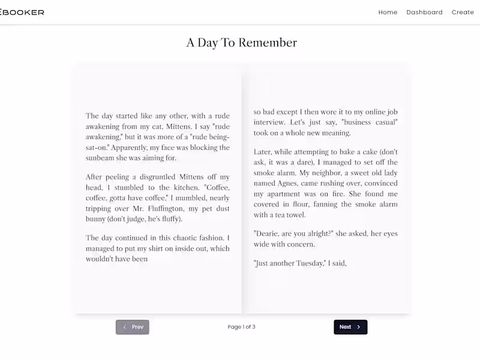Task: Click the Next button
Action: pos(350,327)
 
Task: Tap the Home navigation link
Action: pos(388,12)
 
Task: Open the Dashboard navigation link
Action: pos(424,12)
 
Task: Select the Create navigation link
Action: pos(463,12)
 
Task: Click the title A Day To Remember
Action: pos(241,43)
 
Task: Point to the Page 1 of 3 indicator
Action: pos(241,327)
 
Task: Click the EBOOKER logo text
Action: pos(22,12)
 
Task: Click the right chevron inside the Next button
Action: pos(359,327)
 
